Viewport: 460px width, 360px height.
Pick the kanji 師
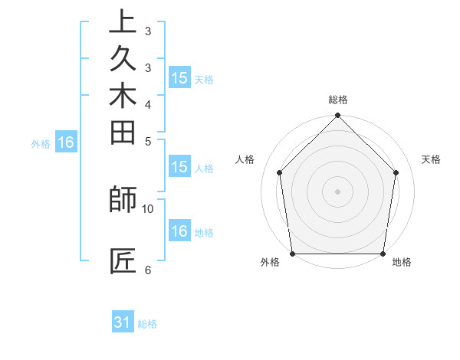tap(123, 199)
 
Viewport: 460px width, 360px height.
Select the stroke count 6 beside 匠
tap(148, 270)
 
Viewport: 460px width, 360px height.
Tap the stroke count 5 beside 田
tap(148, 141)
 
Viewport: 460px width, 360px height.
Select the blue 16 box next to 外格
tap(66, 142)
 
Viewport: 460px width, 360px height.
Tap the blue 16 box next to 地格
tap(179, 232)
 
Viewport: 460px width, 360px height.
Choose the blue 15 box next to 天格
tap(179, 78)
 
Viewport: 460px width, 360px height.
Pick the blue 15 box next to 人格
tap(179, 168)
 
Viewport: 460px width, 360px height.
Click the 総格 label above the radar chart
tap(338, 100)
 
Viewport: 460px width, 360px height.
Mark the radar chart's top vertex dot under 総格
tap(338, 116)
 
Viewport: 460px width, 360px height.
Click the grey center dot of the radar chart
tap(338, 191)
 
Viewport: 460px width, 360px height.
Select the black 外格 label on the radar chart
tap(270, 263)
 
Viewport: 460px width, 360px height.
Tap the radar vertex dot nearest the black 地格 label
tap(383, 254)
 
